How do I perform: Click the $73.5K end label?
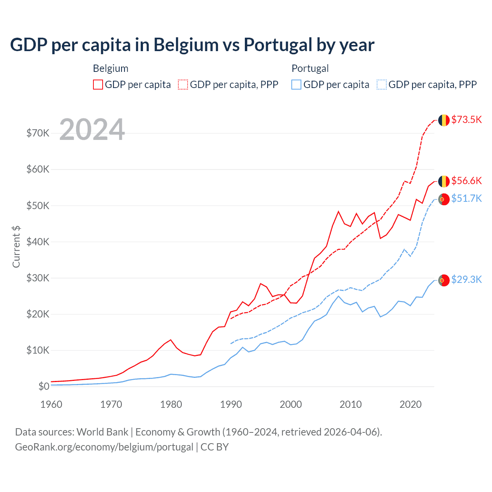point(466,120)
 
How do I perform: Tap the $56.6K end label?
point(466,181)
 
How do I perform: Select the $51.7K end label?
point(466,198)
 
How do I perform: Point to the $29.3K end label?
point(466,279)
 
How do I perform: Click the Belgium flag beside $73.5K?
point(444,120)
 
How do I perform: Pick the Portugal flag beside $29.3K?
point(444,281)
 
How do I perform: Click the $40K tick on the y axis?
point(38,242)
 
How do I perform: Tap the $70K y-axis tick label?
point(38,133)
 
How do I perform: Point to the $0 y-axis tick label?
point(44,386)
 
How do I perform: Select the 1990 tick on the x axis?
point(231,404)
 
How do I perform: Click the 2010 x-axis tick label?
point(351,404)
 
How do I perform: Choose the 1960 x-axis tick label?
point(52,404)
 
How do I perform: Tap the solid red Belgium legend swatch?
point(98,85)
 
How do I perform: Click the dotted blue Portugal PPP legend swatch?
point(382,85)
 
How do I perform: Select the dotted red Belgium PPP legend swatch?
point(183,85)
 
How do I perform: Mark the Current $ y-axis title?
point(16,247)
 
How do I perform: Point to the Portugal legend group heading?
point(310,68)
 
